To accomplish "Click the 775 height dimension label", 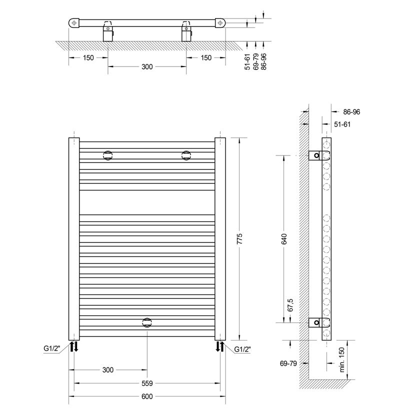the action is [240, 238].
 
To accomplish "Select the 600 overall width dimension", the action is [147, 396].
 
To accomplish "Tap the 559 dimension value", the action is [147, 383].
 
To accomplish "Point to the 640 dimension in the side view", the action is [284, 239].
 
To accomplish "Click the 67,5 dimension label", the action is [290, 305].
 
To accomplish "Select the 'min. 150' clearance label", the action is [341, 359].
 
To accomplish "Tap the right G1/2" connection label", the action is [242, 349].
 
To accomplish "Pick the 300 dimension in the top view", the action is [147, 66].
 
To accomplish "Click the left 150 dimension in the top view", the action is [88, 57].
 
